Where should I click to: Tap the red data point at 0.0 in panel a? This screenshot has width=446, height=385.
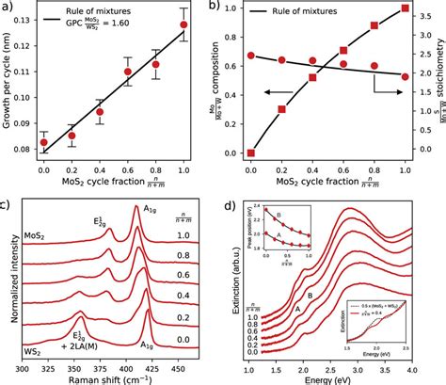(x=43, y=142)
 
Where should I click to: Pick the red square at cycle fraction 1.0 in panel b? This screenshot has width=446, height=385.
(x=406, y=8)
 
